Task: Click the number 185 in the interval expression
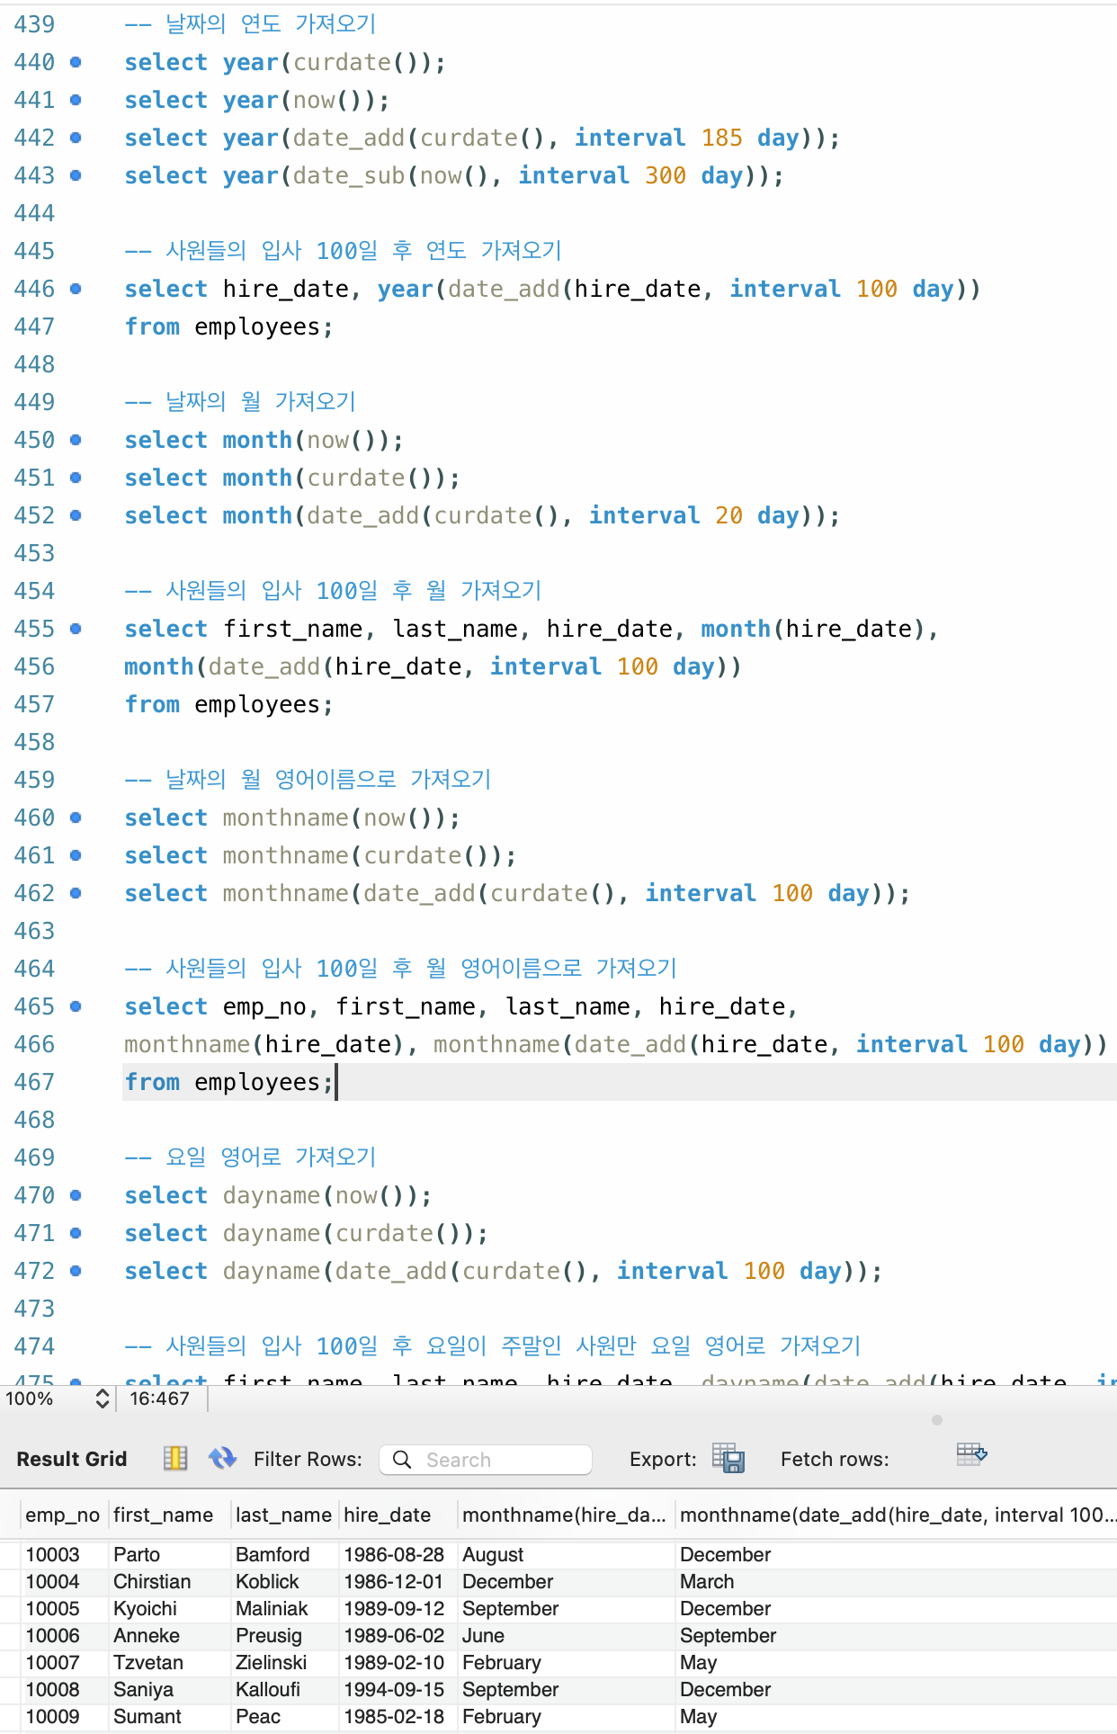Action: (x=721, y=138)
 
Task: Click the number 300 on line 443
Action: (x=666, y=175)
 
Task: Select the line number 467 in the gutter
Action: (x=34, y=1082)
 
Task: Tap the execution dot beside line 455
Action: (x=76, y=629)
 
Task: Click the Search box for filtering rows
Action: (x=486, y=1460)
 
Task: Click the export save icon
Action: (x=728, y=1458)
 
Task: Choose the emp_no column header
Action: (x=62, y=1515)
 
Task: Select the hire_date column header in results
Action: (x=387, y=1515)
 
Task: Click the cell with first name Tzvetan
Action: (x=148, y=1662)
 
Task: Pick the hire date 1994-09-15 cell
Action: (x=394, y=1689)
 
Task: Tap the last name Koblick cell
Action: (x=267, y=1581)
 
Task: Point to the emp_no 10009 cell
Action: (x=52, y=1716)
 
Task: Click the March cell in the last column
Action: (x=707, y=1581)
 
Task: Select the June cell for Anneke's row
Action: (x=483, y=1635)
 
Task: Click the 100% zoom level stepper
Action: (x=102, y=1399)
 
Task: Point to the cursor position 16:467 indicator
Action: (x=159, y=1399)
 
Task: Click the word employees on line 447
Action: (x=257, y=326)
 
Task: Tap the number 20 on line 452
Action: (x=728, y=515)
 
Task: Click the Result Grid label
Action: (x=72, y=1459)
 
